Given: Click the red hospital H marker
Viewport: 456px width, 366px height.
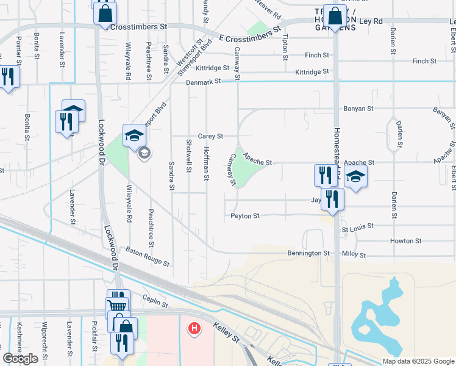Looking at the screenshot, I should pos(194,329).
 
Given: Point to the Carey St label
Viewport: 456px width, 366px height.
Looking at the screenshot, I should pos(211,136).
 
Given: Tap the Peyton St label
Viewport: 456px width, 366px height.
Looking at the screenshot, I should pos(245,216).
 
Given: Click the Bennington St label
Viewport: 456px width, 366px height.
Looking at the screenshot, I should pos(308,253).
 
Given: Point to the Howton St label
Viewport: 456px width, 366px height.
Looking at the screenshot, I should pos(402,242).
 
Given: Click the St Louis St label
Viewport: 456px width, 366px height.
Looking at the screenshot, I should pos(356,229).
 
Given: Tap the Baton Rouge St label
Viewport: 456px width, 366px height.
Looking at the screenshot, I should pos(147,256).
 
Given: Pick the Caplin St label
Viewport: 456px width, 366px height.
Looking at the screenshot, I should pos(155,300).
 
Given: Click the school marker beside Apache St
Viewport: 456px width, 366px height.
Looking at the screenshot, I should pos(356,177).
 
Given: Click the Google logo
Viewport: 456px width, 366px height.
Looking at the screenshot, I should pos(21,359).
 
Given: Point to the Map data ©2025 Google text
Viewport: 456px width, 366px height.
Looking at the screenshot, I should pos(418,361).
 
